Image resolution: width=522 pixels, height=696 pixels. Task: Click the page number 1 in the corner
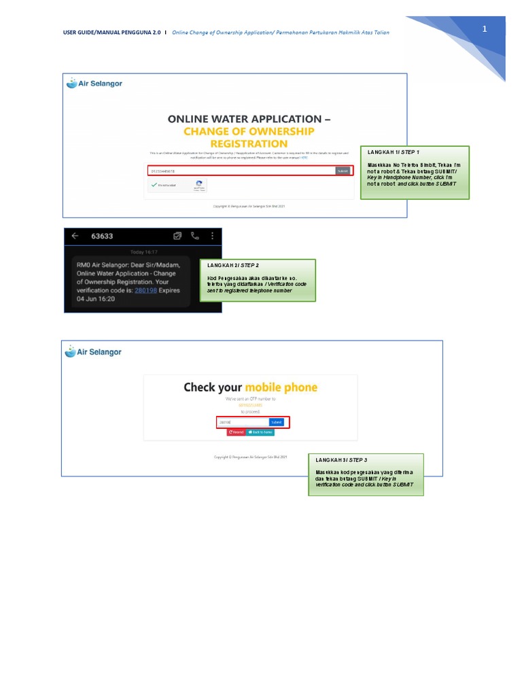(x=485, y=29)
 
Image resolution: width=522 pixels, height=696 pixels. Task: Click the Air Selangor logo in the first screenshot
(x=94, y=84)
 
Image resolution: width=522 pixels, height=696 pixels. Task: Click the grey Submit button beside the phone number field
(x=344, y=171)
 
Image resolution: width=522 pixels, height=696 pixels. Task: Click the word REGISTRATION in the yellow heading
(x=249, y=143)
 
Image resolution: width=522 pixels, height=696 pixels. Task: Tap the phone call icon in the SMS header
(x=195, y=237)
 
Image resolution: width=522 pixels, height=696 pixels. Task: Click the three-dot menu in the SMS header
(x=212, y=237)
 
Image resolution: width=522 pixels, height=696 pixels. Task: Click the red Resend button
(x=236, y=432)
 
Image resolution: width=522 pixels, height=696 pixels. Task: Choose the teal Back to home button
(x=260, y=432)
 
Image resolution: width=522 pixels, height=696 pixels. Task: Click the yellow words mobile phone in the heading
(x=281, y=387)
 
